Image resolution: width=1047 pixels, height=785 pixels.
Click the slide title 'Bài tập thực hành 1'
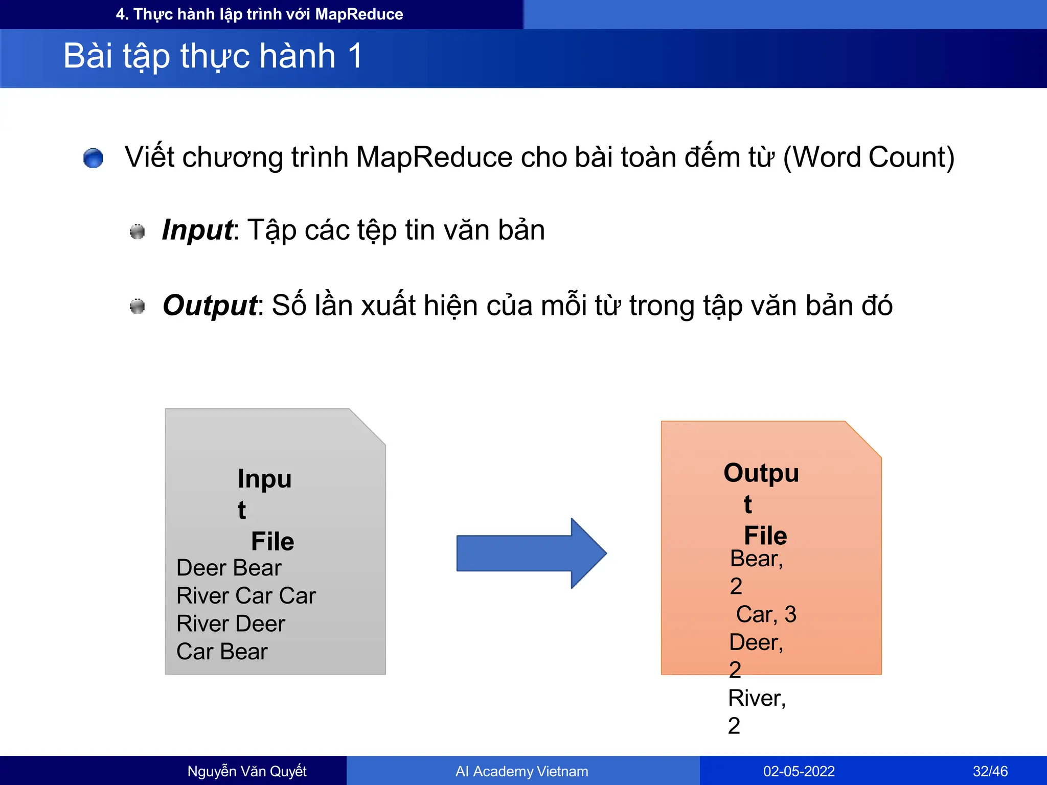click(213, 56)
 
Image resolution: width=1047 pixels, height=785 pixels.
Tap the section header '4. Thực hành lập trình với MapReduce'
click(259, 14)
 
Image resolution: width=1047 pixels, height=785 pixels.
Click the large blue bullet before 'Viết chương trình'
click(93, 158)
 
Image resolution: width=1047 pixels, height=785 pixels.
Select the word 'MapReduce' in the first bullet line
click(434, 157)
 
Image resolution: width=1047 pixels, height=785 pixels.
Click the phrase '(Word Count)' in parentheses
click(869, 157)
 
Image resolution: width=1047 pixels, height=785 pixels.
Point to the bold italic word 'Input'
click(197, 230)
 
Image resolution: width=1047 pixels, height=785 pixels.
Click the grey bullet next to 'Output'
click(137, 307)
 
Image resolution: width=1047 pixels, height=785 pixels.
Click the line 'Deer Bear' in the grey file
click(229, 568)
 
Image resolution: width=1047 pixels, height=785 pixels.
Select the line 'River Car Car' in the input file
click(246, 596)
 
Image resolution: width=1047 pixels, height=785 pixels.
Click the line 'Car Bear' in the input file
click(222, 652)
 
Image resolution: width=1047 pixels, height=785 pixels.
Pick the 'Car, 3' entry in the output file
click(766, 614)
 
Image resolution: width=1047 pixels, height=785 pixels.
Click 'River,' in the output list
click(757, 698)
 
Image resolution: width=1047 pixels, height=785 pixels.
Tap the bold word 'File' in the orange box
click(765, 536)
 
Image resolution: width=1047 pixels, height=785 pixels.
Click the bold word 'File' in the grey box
click(272, 541)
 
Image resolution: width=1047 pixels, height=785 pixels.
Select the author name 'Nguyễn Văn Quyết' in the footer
click(247, 771)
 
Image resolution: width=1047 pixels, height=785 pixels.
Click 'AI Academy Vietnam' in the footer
click(521, 771)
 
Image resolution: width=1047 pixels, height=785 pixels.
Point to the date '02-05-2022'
click(799, 771)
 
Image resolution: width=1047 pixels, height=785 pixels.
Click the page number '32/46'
click(990, 771)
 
